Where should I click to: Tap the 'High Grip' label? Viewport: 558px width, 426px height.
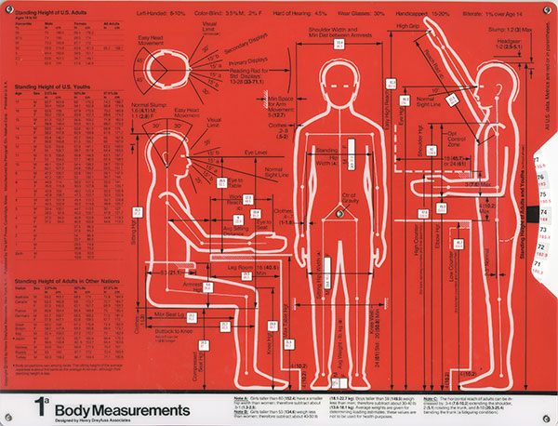coord(410,27)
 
